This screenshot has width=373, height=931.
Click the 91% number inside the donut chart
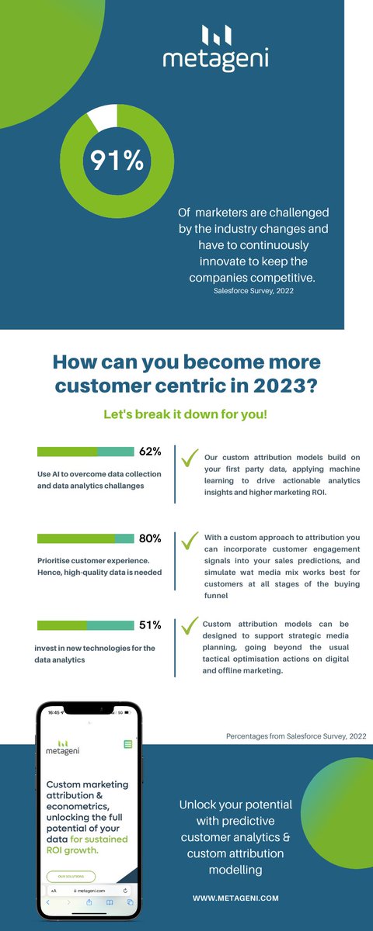[117, 160]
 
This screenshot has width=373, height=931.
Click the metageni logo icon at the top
[216, 35]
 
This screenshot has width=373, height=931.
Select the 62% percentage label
[150, 452]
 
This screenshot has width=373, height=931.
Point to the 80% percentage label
[150, 538]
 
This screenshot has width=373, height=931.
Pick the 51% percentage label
[150, 625]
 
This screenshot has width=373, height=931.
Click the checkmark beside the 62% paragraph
[189, 459]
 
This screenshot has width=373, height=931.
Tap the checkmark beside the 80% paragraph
[189, 539]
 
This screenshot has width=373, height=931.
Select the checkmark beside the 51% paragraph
[189, 625]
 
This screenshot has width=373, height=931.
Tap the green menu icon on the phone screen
[128, 744]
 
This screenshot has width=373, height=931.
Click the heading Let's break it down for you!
[186, 414]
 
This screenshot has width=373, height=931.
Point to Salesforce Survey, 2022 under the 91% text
[253, 293]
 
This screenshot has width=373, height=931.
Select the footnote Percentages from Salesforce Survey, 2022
[296, 735]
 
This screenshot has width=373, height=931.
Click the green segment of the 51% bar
[61, 625]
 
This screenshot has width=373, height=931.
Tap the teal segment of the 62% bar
[116, 452]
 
